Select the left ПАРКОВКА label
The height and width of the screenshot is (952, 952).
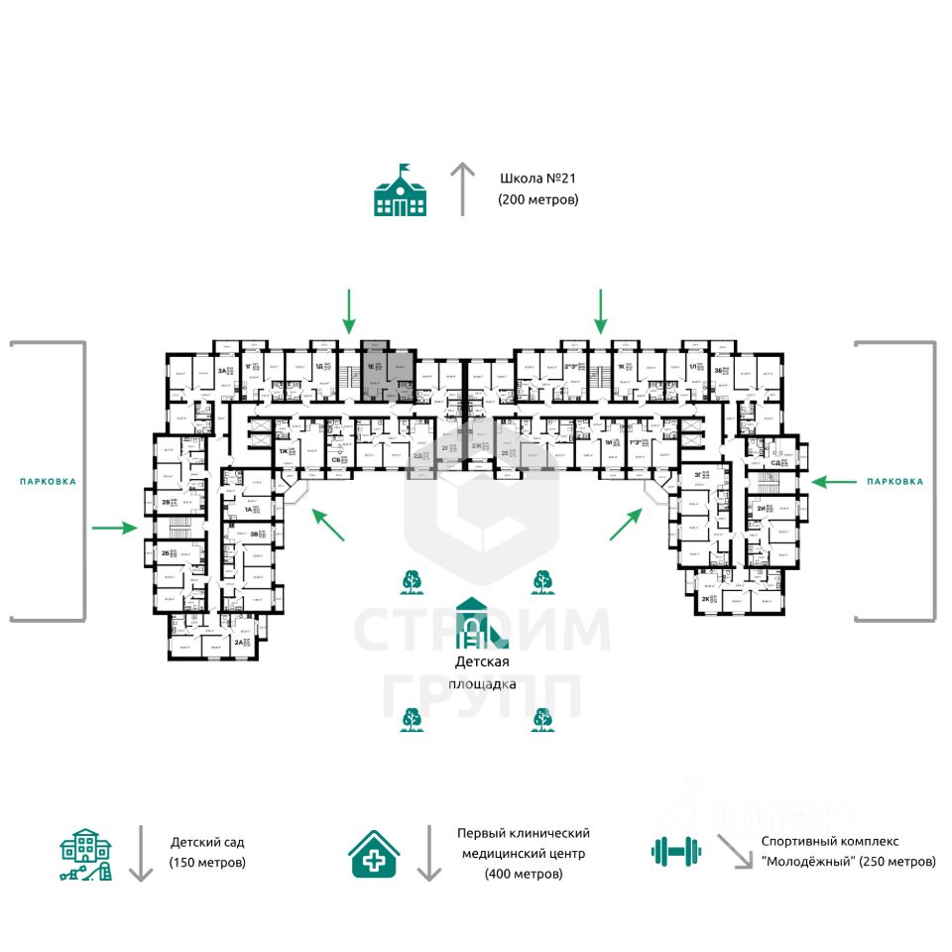click(x=48, y=481)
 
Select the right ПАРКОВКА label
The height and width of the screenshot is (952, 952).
click(x=893, y=481)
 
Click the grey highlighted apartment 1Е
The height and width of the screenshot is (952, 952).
click(x=387, y=371)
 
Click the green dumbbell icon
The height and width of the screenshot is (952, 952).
click(x=676, y=850)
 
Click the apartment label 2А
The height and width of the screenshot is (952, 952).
click(x=238, y=643)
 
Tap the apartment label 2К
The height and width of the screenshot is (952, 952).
click(x=705, y=600)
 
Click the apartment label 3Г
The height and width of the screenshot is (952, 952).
click(x=699, y=475)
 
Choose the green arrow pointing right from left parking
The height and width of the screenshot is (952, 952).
click(x=114, y=528)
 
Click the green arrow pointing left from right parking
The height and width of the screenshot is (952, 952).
click(x=834, y=482)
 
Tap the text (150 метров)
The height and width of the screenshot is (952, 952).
click(x=207, y=862)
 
